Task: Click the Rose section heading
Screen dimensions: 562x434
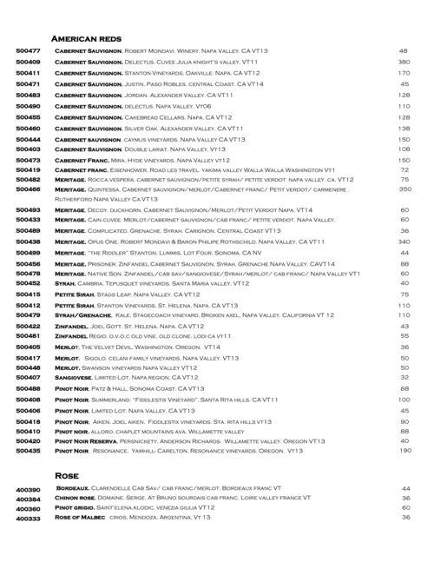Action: click(x=67, y=476)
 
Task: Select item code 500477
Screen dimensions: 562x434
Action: click(x=29, y=52)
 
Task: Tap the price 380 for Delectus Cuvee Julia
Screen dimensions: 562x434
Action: click(x=404, y=63)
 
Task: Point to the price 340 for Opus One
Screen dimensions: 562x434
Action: click(x=404, y=241)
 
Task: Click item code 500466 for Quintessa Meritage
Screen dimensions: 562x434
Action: click(x=29, y=188)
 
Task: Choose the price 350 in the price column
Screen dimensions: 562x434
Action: click(x=404, y=188)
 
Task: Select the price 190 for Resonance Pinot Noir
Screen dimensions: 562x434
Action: click(x=404, y=451)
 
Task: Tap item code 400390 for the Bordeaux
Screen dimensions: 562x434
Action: click(x=29, y=489)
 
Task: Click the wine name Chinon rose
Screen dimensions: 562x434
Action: click(x=76, y=499)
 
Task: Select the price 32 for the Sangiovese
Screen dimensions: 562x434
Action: click(x=404, y=378)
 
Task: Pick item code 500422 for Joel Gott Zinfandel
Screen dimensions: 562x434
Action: click(x=29, y=325)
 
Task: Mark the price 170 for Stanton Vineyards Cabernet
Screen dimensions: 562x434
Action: click(x=404, y=74)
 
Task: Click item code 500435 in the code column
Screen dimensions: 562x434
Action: click(x=29, y=451)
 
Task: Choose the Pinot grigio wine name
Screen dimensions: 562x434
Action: click(x=77, y=508)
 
